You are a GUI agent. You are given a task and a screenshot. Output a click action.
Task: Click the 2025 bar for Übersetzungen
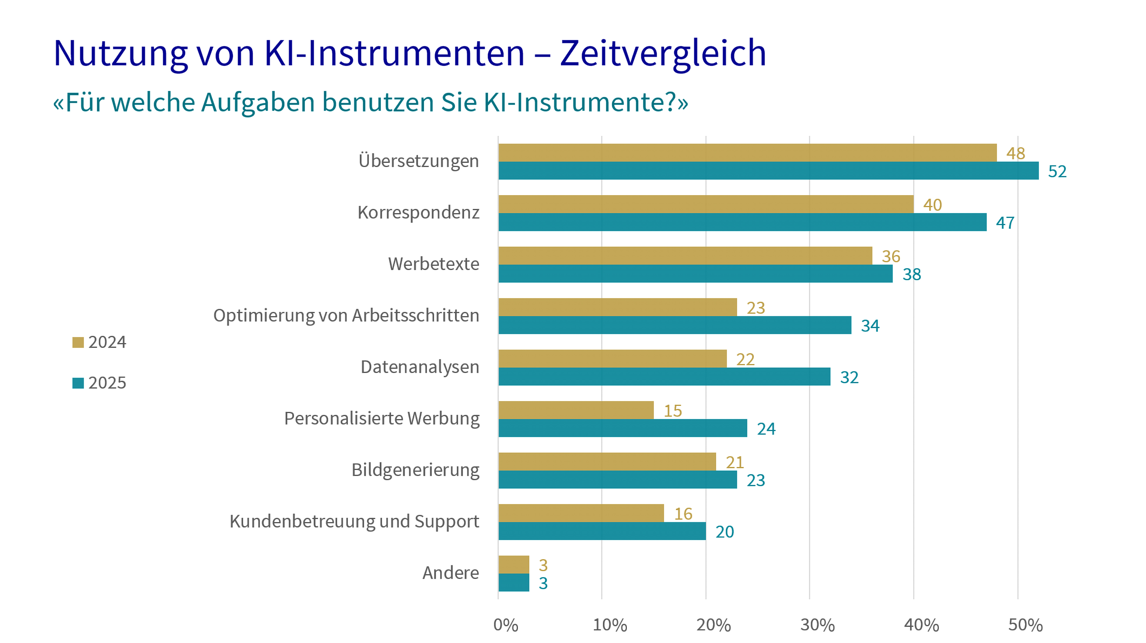coord(768,171)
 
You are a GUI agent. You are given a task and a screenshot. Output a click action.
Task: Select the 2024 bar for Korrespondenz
coord(706,204)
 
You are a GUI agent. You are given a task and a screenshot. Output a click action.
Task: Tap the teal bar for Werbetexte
coord(695,274)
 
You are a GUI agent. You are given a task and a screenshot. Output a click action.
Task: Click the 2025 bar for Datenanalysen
coord(664,377)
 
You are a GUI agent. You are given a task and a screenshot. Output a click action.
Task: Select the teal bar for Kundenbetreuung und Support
coord(602,531)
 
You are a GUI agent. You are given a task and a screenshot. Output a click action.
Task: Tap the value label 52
coord(1057,172)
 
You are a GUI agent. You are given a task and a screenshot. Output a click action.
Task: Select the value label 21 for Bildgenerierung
coord(735,463)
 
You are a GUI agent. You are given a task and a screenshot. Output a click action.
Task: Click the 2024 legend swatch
coord(78,342)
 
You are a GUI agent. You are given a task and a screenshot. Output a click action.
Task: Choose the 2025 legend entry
coord(100,383)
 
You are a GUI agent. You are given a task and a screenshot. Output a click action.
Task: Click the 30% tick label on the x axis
coord(817,625)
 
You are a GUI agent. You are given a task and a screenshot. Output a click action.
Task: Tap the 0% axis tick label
coord(506,625)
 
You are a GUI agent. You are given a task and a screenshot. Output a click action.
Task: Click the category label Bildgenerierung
coord(415,470)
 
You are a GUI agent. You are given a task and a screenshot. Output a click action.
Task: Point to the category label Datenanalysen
coord(420,367)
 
